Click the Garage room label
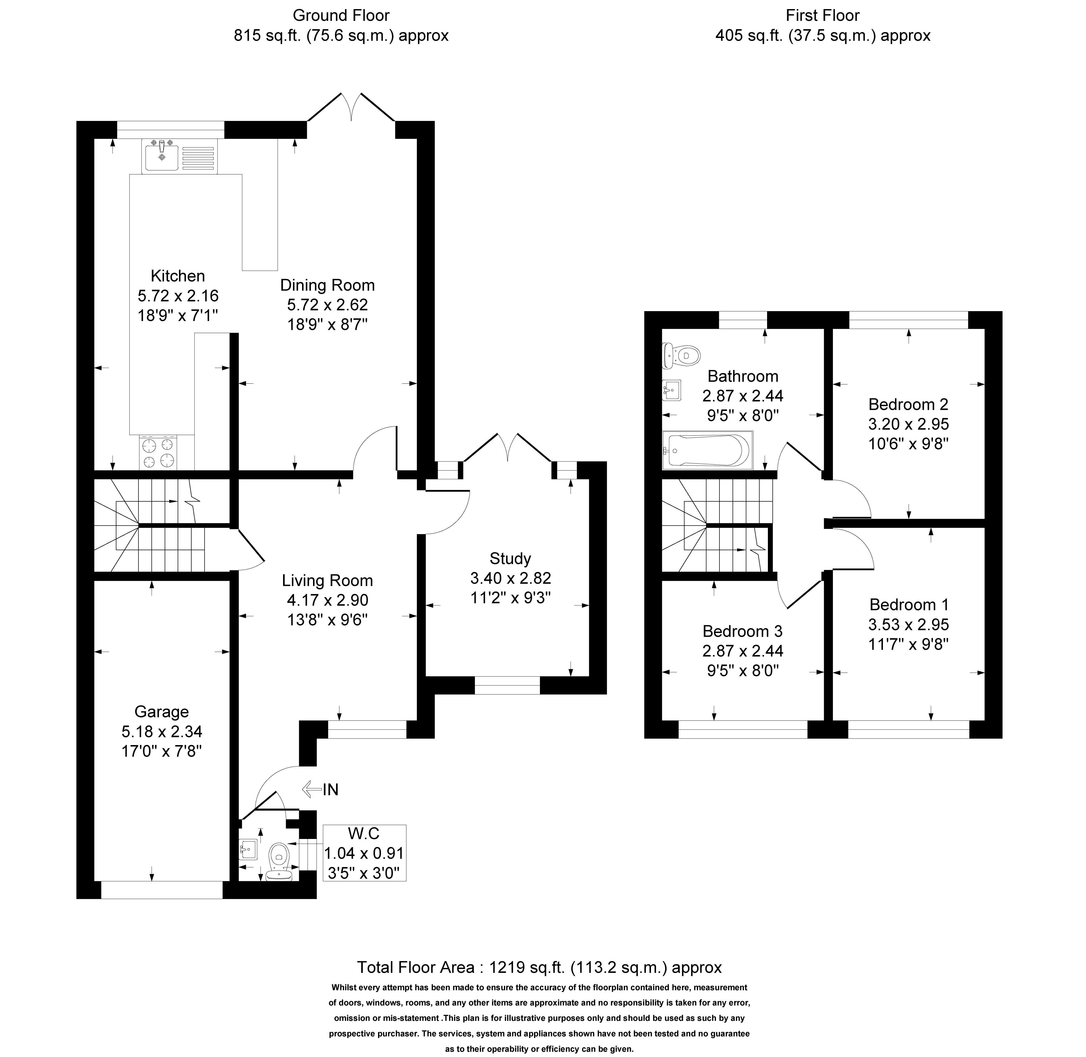tap(162, 712)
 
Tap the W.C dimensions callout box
tap(364, 853)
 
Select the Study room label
tap(510, 559)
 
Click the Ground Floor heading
tap(341, 16)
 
